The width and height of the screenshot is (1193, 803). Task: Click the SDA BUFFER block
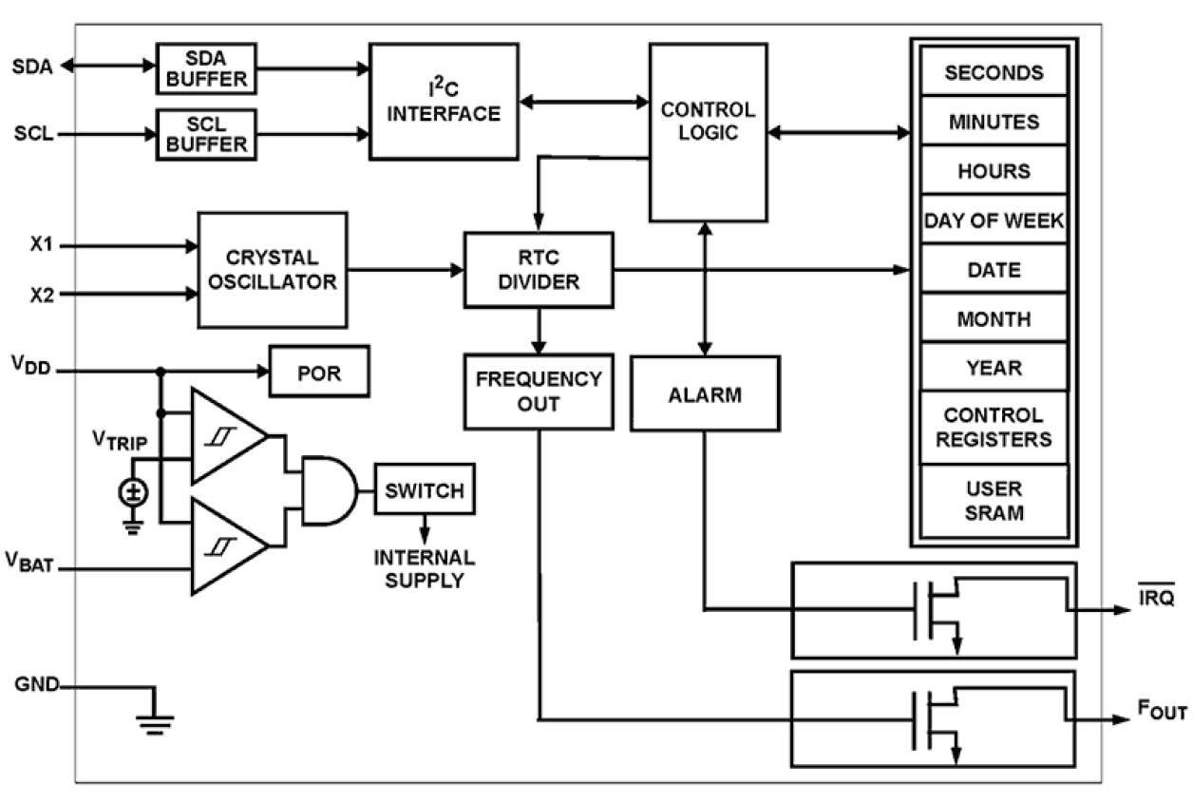click(x=206, y=67)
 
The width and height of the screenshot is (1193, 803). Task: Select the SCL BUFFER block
click(x=206, y=133)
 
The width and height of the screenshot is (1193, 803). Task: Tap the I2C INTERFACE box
click(x=445, y=101)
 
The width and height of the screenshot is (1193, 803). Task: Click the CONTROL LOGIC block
click(x=708, y=131)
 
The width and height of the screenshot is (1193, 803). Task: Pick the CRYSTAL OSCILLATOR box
click(x=272, y=270)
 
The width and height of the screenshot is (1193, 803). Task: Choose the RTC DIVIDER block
click(x=538, y=270)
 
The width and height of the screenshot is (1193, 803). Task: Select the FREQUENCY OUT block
click(x=538, y=391)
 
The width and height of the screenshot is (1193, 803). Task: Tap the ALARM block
click(x=704, y=393)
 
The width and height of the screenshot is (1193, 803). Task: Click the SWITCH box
click(x=424, y=490)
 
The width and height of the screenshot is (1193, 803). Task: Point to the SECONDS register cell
click(x=994, y=73)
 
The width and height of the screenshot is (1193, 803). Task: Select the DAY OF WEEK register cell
click(x=994, y=220)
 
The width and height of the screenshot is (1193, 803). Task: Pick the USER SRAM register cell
click(x=994, y=501)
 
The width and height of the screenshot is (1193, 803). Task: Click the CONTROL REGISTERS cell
click(x=994, y=428)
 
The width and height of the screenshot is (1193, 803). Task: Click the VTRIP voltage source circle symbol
click(x=133, y=492)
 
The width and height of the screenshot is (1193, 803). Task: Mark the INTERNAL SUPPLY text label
click(x=424, y=567)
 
